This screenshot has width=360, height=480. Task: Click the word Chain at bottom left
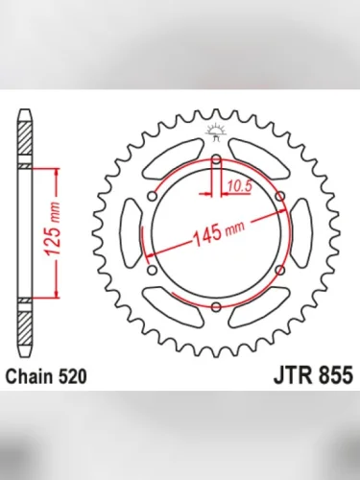30,377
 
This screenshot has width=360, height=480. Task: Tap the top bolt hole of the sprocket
215,159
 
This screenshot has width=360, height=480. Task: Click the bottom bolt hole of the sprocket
215,306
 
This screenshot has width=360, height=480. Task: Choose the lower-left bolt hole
152,270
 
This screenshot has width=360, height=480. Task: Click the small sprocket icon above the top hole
215,132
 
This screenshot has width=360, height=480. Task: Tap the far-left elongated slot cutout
124,233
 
